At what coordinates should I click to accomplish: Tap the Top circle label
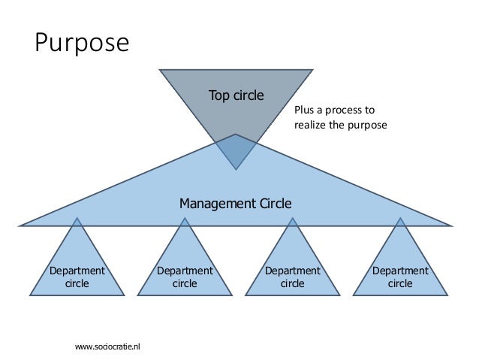click(x=236, y=95)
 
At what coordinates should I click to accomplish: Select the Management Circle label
click(x=235, y=203)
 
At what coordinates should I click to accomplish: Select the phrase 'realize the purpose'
click(x=341, y=125)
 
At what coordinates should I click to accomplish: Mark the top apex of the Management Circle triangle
click(x=236, y=135)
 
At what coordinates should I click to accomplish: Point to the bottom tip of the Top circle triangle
click(x=236, y=168)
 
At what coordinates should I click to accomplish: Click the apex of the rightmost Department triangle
click(x=399, y=219)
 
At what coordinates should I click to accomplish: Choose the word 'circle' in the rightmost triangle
click(x=399, y=283)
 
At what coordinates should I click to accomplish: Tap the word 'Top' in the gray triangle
click(x=218, y=95)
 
